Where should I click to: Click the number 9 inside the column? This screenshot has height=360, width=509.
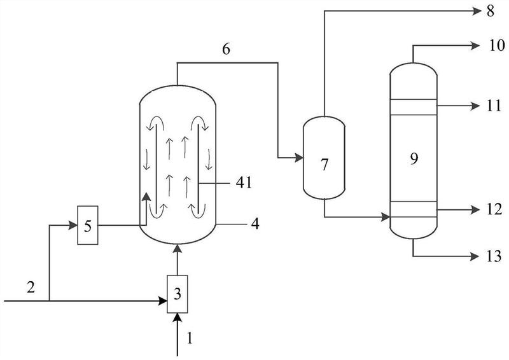pyautogui.click(x=414, y=159)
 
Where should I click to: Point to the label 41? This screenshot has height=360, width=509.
pyautogui.click(x=244, y=183)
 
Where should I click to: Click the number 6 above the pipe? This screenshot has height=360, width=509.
pyautogui.click(x=227, y=49)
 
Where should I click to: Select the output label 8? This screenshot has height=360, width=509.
pyautogui.click(x=490, y=11)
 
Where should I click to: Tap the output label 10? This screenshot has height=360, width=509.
pyautogui.click(x=498, y=45)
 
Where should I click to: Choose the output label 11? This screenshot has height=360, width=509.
pyautogui.click(x=494, y=106)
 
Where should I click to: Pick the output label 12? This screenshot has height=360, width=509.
pyautogui.click(x=494, y=209)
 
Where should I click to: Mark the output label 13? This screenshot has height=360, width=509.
pyautogui.click(x=494, y=256)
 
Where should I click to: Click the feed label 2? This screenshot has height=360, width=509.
pyautogui.click(x=31, y=287)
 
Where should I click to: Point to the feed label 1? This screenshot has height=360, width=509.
pyautogui.click(x=190, y=338)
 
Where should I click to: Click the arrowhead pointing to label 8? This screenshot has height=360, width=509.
pyautogui.click(x=476, y=11)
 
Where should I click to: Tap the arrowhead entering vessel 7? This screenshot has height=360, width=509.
pyautogui.click(x=298, y=158)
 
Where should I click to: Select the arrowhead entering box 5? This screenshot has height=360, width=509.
pyautogui.click(x=73, y=225)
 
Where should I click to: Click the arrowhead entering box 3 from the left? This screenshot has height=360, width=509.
pyautogui.click(x=162, y=301)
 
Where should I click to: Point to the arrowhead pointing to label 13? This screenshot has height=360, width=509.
pyautogui.click(x=475, y=256)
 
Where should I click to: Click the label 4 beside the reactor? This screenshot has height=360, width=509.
pyautogui.click(x=256, y=224)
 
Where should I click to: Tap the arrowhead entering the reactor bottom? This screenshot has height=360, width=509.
pyautogui.click(x=178, y=249)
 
